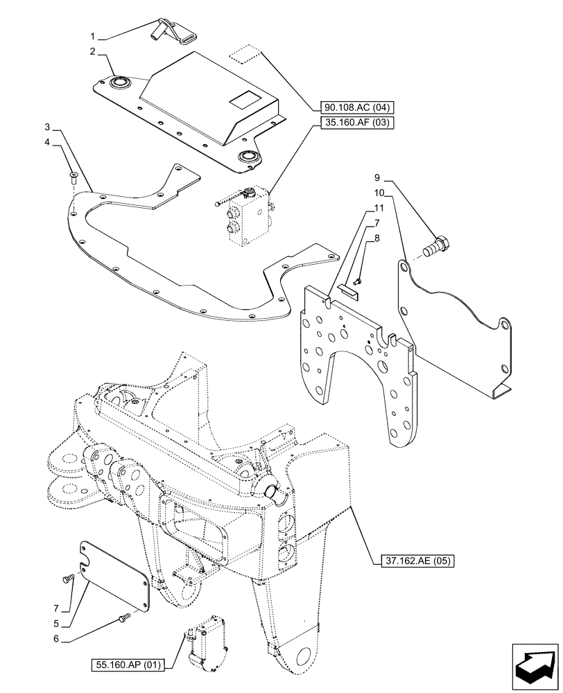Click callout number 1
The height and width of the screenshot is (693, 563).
click(x=92, y=34)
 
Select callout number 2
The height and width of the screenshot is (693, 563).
click(x=92, y=53)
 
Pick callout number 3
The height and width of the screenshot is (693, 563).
click(x=47, y=128)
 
